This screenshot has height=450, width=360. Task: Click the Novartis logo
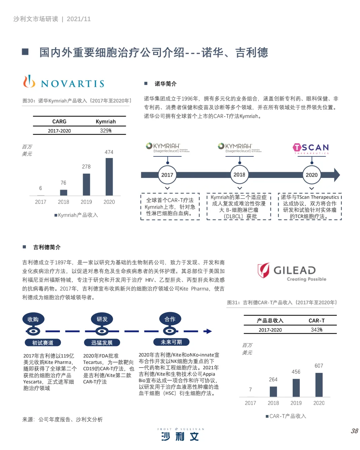64,82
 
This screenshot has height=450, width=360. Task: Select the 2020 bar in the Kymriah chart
109,177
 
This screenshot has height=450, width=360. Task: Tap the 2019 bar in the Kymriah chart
86,184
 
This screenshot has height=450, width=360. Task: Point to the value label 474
109,152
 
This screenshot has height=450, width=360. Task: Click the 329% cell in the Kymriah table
106,131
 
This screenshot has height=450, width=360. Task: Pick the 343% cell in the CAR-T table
317,330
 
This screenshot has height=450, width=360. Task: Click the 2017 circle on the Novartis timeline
167,175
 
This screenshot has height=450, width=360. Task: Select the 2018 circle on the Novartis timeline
239,175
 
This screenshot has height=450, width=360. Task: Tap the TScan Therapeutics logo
311,148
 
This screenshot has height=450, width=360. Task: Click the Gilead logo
292,272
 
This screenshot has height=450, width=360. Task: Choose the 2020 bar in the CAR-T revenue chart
319,385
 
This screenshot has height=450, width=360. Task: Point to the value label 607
319,366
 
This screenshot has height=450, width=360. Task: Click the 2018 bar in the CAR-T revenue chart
273,391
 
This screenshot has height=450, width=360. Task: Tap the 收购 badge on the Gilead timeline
33,320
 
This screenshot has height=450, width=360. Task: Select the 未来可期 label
171,342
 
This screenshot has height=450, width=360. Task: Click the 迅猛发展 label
102,343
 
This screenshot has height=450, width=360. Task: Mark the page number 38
354,431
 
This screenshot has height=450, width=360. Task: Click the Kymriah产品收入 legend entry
76,215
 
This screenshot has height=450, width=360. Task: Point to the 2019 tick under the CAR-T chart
296,403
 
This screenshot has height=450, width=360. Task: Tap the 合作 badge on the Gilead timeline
170,319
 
